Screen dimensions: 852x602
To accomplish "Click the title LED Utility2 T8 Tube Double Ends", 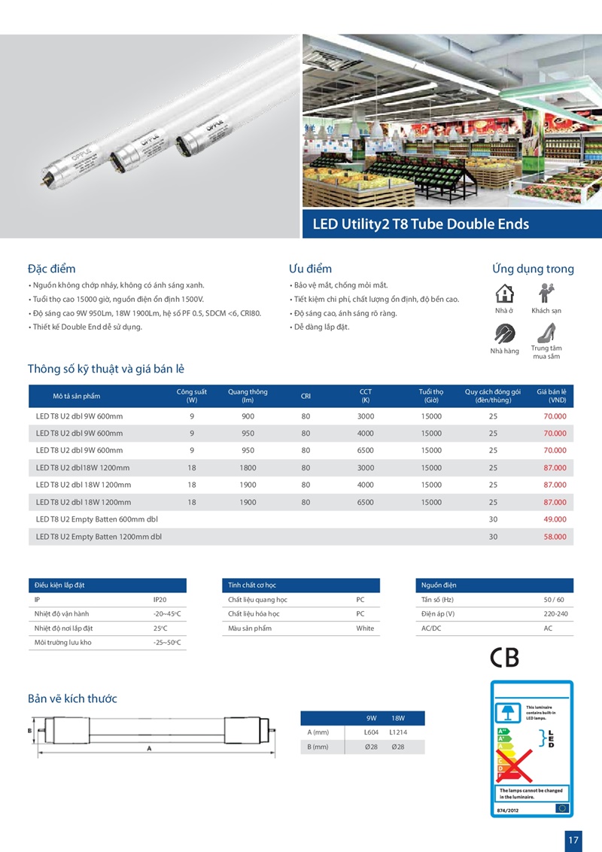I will click(421, 224).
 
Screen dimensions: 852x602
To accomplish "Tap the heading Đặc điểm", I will click(51, 269).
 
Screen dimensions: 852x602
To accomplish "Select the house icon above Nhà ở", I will click(504, 293).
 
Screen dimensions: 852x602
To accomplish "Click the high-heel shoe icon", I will click(546, 331).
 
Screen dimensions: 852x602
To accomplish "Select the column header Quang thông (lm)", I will click(248, 396).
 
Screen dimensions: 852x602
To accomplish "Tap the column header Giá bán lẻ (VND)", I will click(552, 396).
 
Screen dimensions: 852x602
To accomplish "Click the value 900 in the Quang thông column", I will click(248, 416).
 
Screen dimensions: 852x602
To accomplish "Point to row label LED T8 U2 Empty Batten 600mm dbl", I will click(97, 519).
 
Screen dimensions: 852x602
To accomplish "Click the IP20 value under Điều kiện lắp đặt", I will click(160, 601).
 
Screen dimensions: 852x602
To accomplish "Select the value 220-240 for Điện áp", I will click(555, 614).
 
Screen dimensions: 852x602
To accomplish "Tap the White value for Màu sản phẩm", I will click(365, 628).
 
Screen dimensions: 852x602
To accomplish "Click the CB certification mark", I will click(504, 659).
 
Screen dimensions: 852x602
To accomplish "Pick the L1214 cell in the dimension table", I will click(398, 732).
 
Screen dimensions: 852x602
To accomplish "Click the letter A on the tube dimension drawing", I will click(149, 748).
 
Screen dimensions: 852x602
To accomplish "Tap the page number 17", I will click(573, 838).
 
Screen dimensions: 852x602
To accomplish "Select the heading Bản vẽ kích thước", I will click(72, 698).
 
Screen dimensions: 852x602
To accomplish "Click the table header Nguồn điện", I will click(439, 585).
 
